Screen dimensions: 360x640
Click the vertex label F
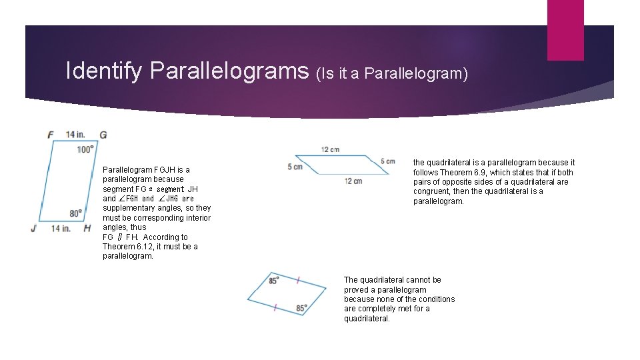coord(51,135)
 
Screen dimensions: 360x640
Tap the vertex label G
coord(103,135)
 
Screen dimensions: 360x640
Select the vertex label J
coord(33,229)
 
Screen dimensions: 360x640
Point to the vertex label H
coord(87,229)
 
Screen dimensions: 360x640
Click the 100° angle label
coord(85,149)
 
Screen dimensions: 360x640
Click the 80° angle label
coord(76,213)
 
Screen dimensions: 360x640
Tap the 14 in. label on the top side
coord(75,135)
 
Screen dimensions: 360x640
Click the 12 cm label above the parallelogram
coord(330,149)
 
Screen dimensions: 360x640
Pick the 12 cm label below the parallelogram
coord(353,181)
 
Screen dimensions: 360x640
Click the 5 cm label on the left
coord(295,167)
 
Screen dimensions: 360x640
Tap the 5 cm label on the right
coord(387,161)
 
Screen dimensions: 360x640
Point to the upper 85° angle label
coord(273,281)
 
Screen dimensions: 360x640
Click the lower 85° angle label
coord(302,309)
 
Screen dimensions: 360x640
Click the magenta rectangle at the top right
coord(565,29)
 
